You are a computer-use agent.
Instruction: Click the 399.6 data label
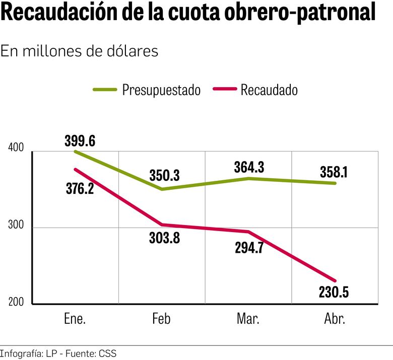coord(80,141)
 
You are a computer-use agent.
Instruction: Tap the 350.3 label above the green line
coord(164,176)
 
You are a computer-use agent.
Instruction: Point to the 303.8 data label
coord(164,238)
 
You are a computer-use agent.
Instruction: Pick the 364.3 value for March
coord(249,167)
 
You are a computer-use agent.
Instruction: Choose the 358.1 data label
coord(335,172)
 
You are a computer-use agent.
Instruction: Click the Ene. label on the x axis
coord(75,320)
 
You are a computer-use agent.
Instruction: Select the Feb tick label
coord(161,320)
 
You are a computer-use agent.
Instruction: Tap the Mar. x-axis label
coord(247,320)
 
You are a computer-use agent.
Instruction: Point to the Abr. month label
coord(334,320)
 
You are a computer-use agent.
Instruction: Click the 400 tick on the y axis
coord(16,148)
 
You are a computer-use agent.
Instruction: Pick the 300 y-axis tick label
coord(16,224)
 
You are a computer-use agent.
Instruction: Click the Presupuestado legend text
coord(161,90)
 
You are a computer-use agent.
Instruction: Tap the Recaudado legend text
coord(269,90)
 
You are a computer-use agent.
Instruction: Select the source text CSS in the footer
coord(107,353)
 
